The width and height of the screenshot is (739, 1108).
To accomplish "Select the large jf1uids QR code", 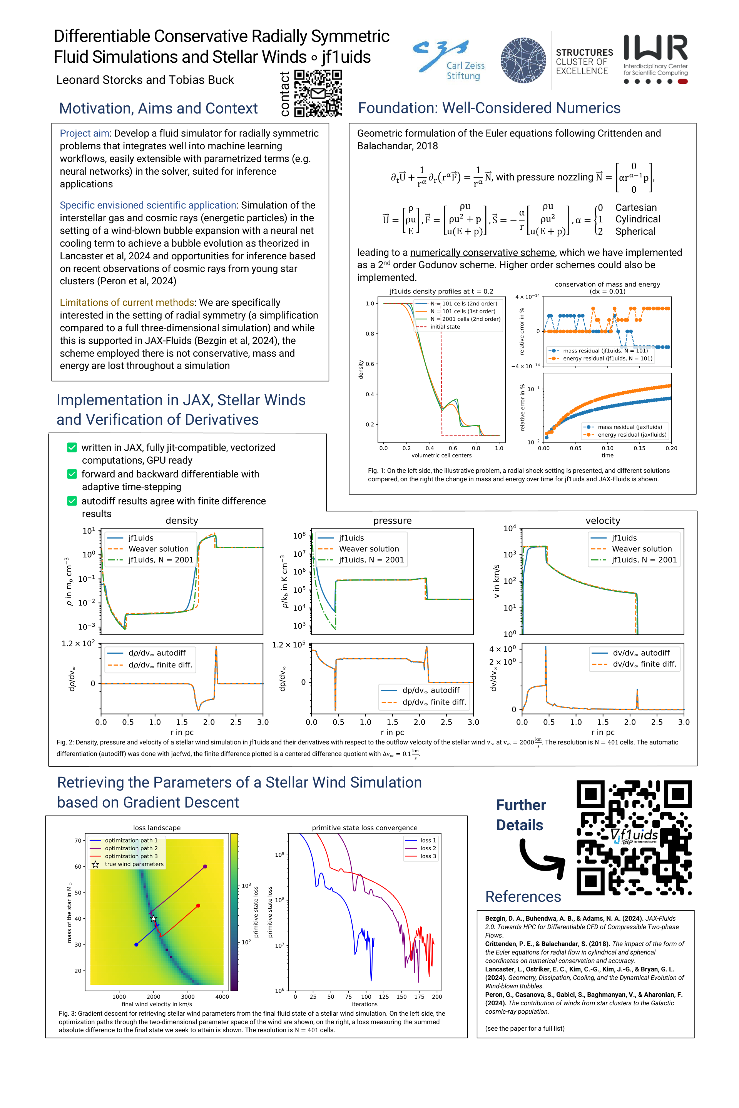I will pos(634,838).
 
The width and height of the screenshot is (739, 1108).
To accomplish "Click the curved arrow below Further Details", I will pos(542,860).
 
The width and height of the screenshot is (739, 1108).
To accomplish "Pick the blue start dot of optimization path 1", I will pos(136,944).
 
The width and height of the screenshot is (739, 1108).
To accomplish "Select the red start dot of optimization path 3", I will pos(198,905).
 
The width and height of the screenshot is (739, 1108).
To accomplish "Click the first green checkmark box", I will pos(72,447).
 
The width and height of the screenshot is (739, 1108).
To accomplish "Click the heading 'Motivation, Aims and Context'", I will pos(158,108).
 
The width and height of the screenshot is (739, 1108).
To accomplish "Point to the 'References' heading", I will pos(523,896).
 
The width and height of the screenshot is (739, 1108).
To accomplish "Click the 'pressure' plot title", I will pos(392,521).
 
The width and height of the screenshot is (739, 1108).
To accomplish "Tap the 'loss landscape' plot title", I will pos(157,828).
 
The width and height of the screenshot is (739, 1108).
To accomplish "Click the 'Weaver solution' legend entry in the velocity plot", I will pos(642,549).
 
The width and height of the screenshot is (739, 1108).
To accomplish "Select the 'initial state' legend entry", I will pos(445,327).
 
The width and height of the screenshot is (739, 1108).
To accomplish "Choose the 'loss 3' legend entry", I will pos(428,856).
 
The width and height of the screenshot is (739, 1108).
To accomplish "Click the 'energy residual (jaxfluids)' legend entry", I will pos(632,435).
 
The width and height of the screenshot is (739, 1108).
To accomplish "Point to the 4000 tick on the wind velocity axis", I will pos(222,996).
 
